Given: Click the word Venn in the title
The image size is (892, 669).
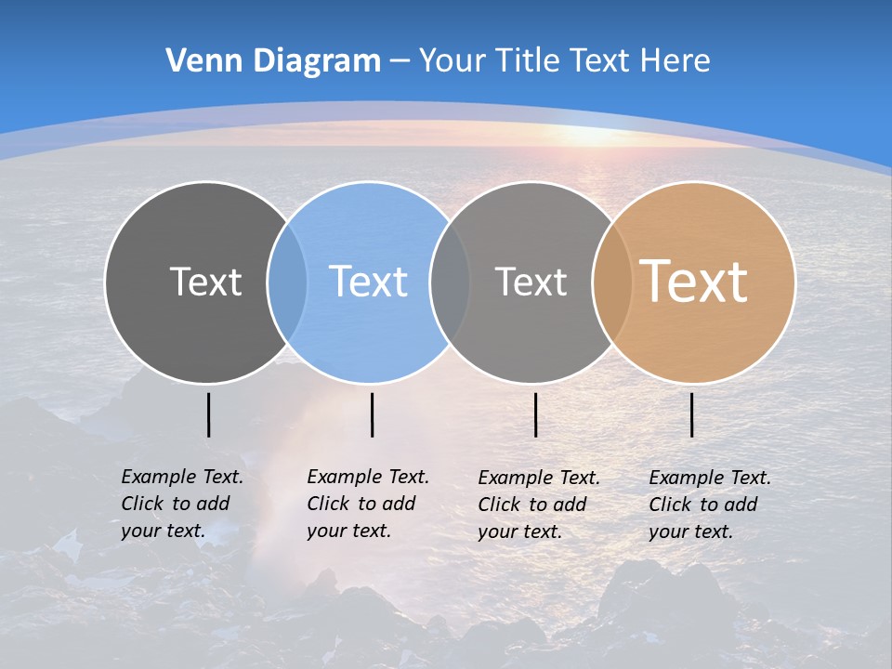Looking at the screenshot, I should (198, 61).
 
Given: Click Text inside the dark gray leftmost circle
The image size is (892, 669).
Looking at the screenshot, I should (205, 282).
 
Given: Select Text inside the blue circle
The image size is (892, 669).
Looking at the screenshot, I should (369, 282).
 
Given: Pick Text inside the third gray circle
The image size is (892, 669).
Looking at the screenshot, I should (531, 282).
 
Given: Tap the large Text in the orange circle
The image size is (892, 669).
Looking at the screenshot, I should (694, 282).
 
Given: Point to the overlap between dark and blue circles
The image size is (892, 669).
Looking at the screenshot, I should (287, 282).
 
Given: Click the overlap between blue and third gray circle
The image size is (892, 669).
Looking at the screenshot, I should (450, 282).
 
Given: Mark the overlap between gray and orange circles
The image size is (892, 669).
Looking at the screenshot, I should (612, 282).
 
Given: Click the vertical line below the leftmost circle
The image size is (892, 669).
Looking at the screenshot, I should (208, 414).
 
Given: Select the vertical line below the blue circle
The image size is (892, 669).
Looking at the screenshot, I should (372, 414).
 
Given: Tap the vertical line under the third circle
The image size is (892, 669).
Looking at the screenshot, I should (535, 414).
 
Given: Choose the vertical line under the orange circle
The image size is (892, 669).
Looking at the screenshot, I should (692, 414).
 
